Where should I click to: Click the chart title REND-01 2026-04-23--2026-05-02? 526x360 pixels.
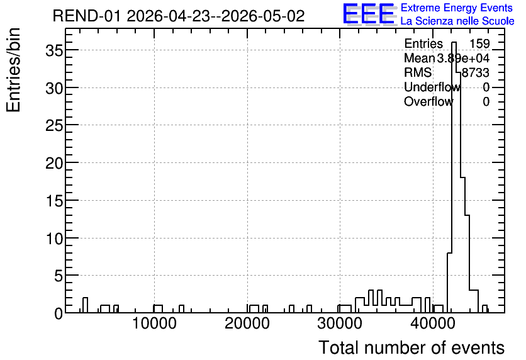point(179,16)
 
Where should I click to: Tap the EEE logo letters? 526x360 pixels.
point(369,14)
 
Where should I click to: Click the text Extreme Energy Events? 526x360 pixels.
point(457,8)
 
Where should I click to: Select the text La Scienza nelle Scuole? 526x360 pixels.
point(457,21)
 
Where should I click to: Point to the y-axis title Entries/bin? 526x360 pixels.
point(13,70)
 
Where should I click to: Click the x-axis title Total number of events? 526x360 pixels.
point(411,347)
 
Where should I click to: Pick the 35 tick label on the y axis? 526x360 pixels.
point(54,50)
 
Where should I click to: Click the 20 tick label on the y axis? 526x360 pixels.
point(54,163)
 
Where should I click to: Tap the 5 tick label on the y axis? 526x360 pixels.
point(59,276)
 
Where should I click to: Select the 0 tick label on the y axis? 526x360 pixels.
point(59,313)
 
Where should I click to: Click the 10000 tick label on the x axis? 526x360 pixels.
point(154,324)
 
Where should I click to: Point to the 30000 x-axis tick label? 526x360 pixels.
point(340,324)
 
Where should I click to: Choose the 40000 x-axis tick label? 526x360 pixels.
point(433,324)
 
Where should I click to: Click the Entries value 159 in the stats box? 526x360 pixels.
point(479,43)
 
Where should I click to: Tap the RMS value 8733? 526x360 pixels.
point(476,72)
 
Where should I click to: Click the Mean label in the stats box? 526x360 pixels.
point(419,58)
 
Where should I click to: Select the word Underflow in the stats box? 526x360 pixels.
point(432,87)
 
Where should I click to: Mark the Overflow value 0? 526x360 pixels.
point(486,101)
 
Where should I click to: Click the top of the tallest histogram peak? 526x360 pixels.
point(454,42)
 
